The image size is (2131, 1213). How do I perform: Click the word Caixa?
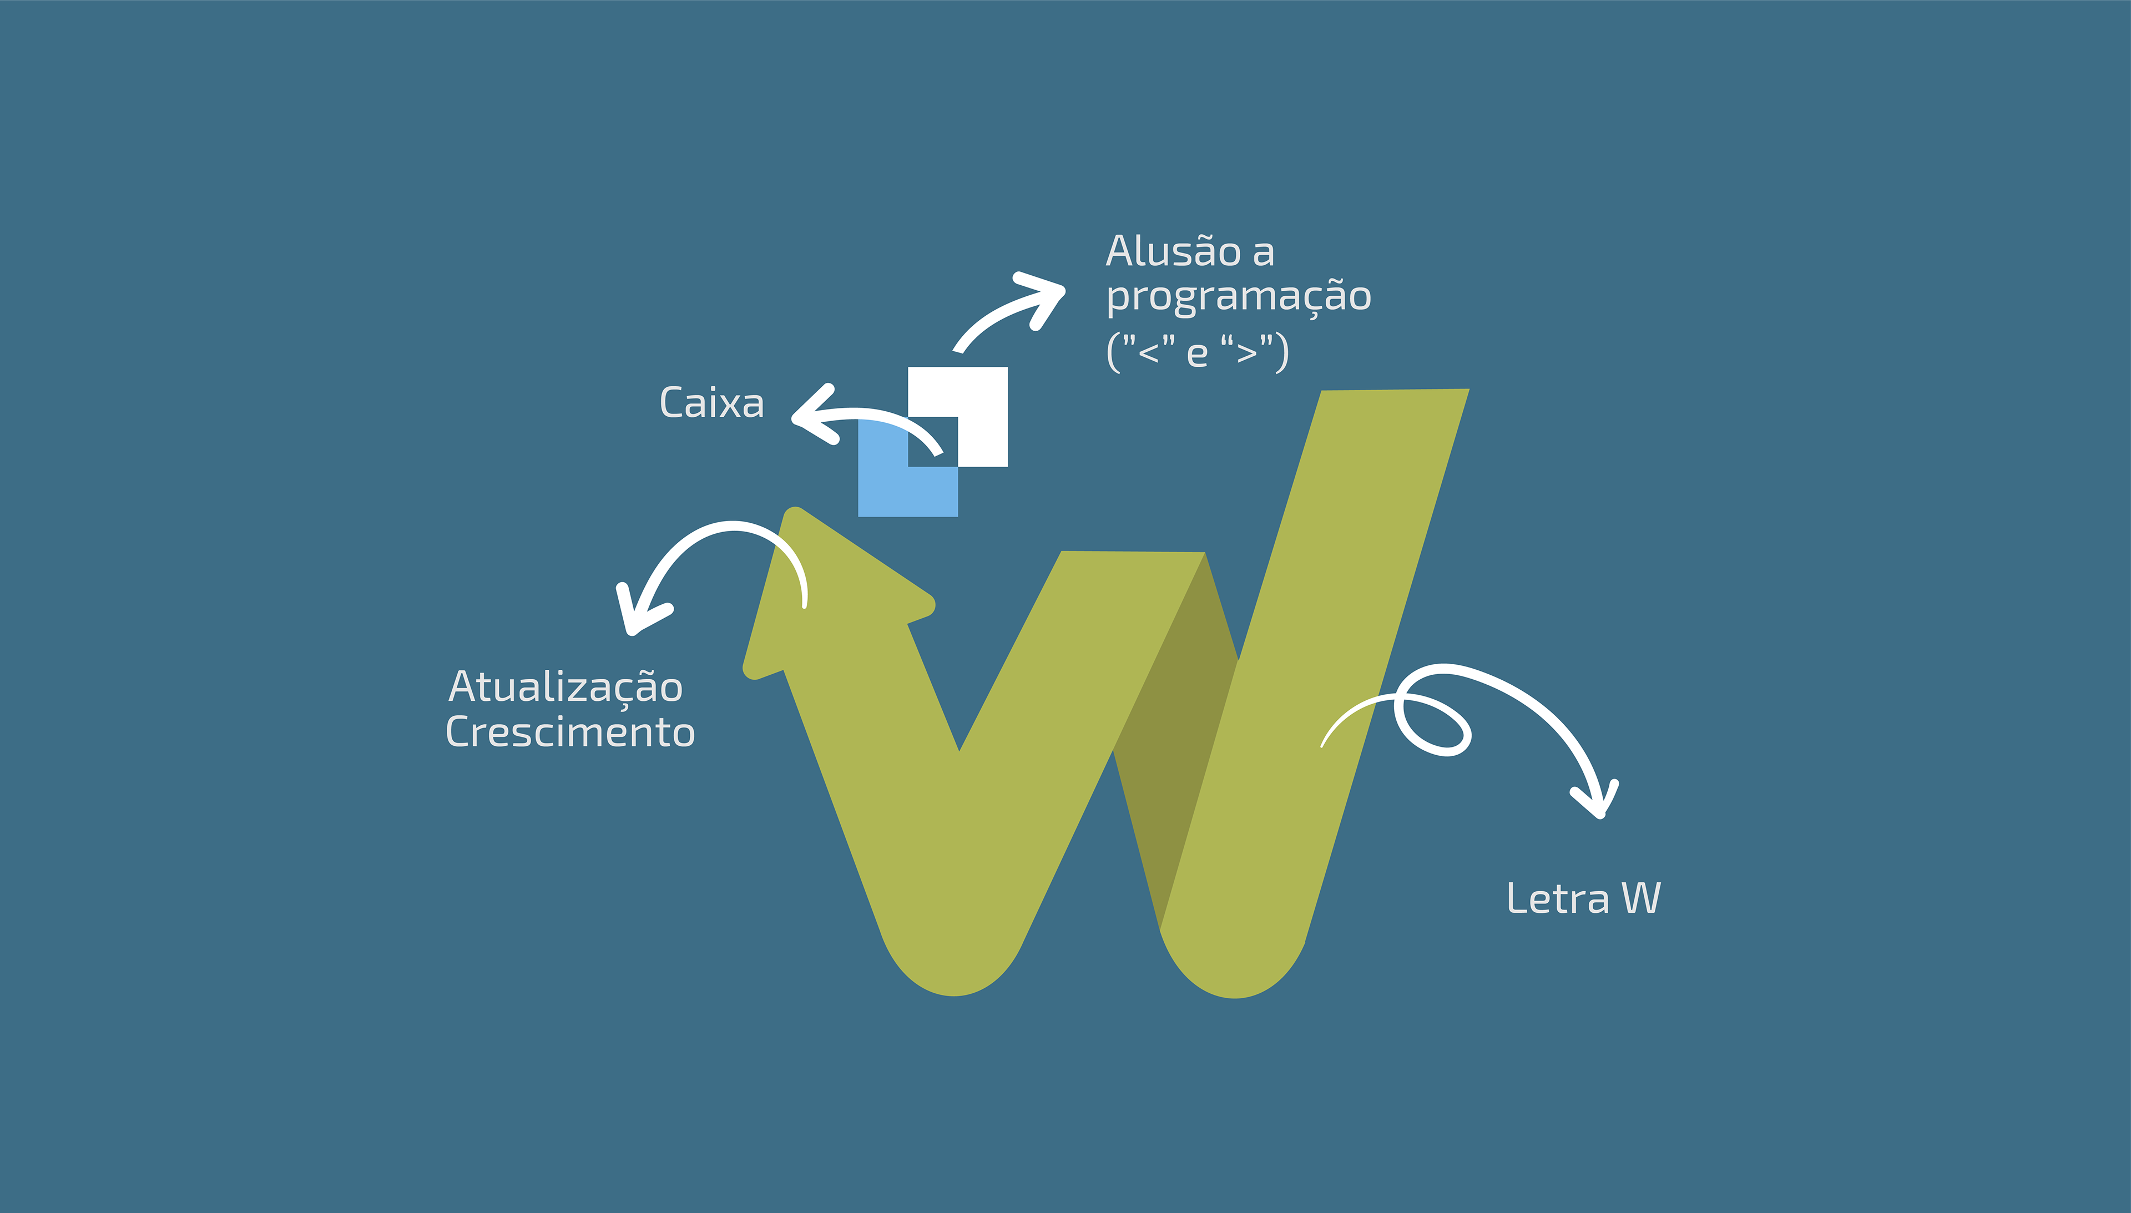tap(711, 403)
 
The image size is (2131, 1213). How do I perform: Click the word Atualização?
tap(565, 688)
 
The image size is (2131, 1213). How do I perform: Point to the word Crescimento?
tap(570, 732)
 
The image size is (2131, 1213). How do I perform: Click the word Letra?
tap(1557, 899)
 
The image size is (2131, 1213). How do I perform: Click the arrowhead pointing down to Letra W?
tap(1598, 801)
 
